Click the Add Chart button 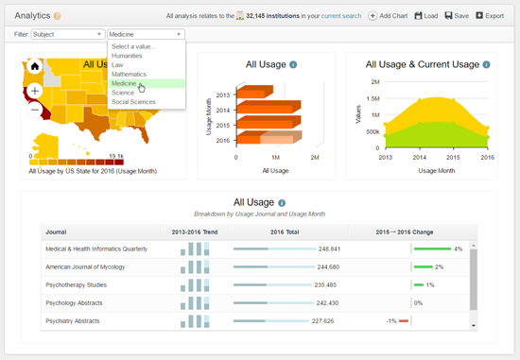coord(388,16)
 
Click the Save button coord(456,16)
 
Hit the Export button coord(491,16)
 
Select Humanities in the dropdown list coord(127,56)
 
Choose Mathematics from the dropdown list coord(130,74)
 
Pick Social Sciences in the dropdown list coord(133,102)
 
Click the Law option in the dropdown coord(117,65)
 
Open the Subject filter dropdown coord(68,34)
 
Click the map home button coord(35,66)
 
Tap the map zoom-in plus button coord(35,91)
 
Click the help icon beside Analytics coord(57,16)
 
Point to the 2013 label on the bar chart coord(223,94)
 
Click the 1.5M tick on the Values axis coord(372,98)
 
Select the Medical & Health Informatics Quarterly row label coord(96,249)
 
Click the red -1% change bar coord(404,320)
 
